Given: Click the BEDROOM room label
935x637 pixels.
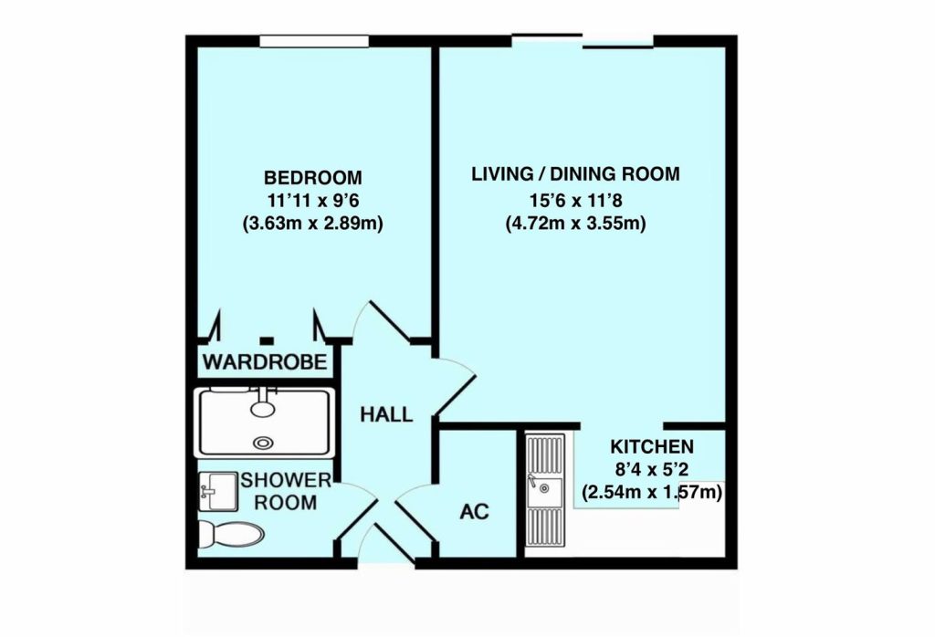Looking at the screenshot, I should click(x=312, y=177).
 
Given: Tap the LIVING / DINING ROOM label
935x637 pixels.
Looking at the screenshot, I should click(x=575, y=174).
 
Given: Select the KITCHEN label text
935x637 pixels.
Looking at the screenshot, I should click(x=652, y=447).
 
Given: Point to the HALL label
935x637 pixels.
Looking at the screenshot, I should click(x=385, y=414).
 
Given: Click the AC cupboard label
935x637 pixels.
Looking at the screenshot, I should click(x=474, y=511).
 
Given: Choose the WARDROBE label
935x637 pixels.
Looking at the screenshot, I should click(x=265, y=362).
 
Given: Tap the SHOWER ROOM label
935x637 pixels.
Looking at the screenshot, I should click(x=278, y=492).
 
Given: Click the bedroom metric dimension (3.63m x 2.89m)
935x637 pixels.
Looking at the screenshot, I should click(x=312, y=223).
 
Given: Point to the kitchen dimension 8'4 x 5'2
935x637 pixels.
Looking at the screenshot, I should click(x=652, y=471).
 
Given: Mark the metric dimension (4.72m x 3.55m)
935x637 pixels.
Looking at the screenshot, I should click(x=575, y=222).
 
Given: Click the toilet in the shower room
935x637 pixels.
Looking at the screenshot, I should click(x=231, y=533).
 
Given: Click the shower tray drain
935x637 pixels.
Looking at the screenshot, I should click(x=264, y=444).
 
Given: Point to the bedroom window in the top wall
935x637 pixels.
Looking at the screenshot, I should click(x=300, y=41).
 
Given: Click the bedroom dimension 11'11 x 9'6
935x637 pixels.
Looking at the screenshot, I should click(x=312, y=200).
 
